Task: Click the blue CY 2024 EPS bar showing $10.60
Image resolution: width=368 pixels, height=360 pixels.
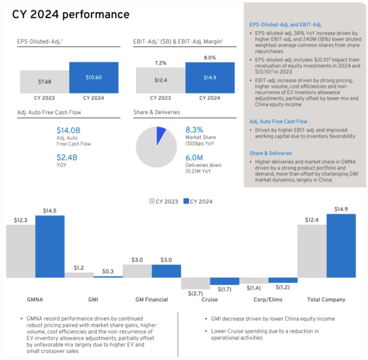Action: point(94,78)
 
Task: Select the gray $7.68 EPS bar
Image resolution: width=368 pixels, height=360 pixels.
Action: point(44,82)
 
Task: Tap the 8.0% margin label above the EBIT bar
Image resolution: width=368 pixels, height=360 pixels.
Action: point(210,58)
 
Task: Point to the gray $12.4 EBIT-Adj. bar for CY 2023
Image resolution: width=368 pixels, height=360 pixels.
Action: point(160,80)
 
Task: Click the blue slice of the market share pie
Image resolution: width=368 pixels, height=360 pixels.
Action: point(160,135)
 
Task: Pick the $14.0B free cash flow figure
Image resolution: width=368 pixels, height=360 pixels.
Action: point(68,130)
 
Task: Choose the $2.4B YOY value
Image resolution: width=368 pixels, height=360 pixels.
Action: point(67,157)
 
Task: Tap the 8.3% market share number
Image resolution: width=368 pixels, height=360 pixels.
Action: point(194,130)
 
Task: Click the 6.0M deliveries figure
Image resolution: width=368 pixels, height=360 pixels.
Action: point(194,158)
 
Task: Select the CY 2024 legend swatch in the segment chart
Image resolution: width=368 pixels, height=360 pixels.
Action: point(186,201)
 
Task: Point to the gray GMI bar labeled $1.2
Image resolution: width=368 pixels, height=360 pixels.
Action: point(79,275)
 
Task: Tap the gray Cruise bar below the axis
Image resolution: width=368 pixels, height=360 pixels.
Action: point(195,283)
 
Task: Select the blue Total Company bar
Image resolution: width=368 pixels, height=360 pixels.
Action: point(341,246)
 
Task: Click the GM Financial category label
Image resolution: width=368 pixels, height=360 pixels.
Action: point(152,300)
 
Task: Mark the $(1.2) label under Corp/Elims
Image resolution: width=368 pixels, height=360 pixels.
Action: point(283,288)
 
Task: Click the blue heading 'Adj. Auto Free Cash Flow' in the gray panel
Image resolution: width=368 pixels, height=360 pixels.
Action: point(278,121)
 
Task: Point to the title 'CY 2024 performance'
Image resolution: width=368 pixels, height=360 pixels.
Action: point(71,15)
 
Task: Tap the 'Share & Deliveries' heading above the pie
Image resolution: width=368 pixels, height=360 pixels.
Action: point(156,112)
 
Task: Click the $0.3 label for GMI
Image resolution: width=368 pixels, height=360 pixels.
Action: point(108,271)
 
